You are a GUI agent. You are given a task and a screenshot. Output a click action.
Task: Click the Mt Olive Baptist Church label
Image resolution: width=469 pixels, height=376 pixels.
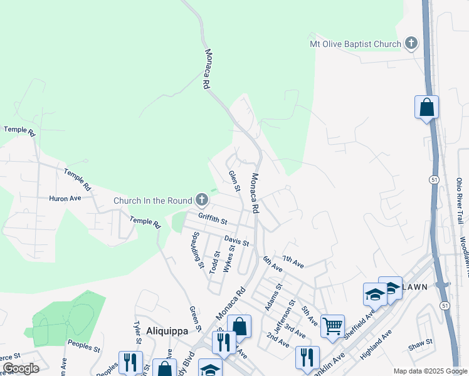[x=355, y=44]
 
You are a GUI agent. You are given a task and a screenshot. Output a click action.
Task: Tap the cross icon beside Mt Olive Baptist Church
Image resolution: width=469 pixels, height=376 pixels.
[x=411, y=43]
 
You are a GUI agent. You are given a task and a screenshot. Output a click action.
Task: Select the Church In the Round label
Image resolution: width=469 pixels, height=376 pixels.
[x=153, y=201]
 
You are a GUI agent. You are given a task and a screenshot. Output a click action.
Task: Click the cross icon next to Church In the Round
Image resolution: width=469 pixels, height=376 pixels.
[x=201, y=201]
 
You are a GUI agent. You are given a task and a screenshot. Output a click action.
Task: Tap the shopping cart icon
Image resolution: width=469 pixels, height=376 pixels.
[x=332, y=325]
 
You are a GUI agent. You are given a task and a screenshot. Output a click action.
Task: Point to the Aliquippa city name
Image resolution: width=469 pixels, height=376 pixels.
[x=167, y=331]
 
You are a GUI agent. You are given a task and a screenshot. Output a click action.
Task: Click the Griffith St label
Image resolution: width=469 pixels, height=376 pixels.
[x=212, y=219]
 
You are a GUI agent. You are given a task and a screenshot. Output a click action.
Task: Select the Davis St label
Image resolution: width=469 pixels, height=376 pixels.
[x=236, y=241]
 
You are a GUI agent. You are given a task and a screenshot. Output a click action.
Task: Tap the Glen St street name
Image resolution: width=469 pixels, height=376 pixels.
[x=235, y=181]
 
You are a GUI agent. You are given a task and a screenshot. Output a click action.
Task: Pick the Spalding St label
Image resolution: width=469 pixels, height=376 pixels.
[x=198, y=250]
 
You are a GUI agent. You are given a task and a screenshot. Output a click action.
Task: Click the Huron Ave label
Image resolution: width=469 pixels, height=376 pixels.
[x=65, y=198]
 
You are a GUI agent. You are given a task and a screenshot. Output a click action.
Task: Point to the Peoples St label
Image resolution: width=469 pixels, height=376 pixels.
[x=84, y=346]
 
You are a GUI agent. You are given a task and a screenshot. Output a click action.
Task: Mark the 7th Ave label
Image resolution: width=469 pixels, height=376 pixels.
[x=293, y=262]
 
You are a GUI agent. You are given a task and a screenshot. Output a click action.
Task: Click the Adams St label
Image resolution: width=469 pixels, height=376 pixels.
[x=274, y=291]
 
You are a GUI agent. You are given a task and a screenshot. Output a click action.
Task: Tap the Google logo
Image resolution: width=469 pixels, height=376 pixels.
[x=21, y=368]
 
